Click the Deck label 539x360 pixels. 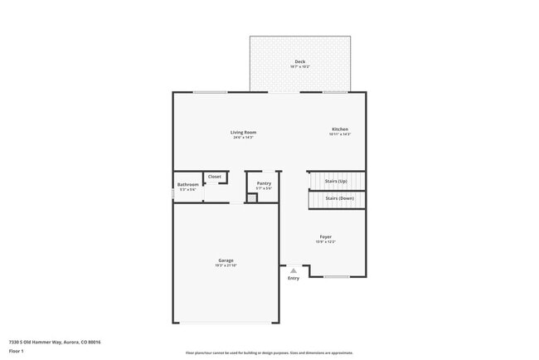click(299, 62)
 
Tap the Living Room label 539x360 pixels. click(243, 132)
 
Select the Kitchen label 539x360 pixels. click(340, 129)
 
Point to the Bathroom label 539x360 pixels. click(188, 184)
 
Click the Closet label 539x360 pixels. click(215, 177)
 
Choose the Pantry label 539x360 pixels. click(264, 183)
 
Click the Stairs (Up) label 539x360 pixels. click(336, 181)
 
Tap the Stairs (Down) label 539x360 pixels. click(339, 199)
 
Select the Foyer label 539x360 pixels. click(325, 236)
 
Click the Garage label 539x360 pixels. click(226, 260)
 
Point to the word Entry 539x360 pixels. click(294, 278)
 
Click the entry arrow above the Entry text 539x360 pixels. click(294, 270)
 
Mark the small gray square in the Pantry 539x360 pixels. click(251, 197)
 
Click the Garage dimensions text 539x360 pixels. click(226, 265)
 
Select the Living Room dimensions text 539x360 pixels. click(243, 137)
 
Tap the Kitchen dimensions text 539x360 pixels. click(340, 134)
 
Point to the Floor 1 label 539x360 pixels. click(17, 351)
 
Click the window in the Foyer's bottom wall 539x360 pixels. click(336, 276)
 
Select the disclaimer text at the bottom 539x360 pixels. click(269, 353)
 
